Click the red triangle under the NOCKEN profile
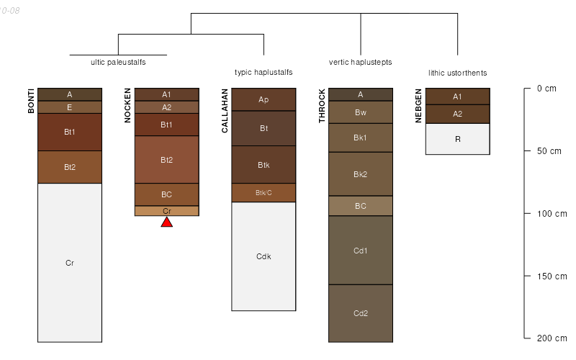pyautogui.click(x=166, y=222)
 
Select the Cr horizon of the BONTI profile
pyautogui.click(x=70, y=263)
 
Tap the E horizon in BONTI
pyautogui.click(x=70, y=107)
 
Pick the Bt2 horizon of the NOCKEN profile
pyautogui.click(x=166, y=159)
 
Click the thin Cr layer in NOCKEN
pyautogui.click(x=166, y=211)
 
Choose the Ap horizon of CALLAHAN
pyautogui.click(x=264, y=99)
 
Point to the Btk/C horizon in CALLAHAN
pyautogui.click(x=264, y=192)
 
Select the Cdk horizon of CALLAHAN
pyautogui.click(x=264, y=256)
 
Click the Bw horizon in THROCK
pyautogui.click(x=361, y=112)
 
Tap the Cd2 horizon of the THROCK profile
pyautogui.click(x=361, y=313)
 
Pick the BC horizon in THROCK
pyautogui.click(x=361, y=206)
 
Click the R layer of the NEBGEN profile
pyautogui.click(x=458, y=139)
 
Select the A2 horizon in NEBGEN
pyautogui.click(x=458, y=114)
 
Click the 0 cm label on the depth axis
pyautogui.click(x=546, y=89)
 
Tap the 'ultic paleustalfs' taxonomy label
pyautogui.click(x=118, y=62)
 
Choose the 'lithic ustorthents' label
pyautogui.click(x=457, y=73)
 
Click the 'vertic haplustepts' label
pyautogui.click(x=360, y=62)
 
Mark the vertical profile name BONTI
pyautogui.click(x=31, y=101)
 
